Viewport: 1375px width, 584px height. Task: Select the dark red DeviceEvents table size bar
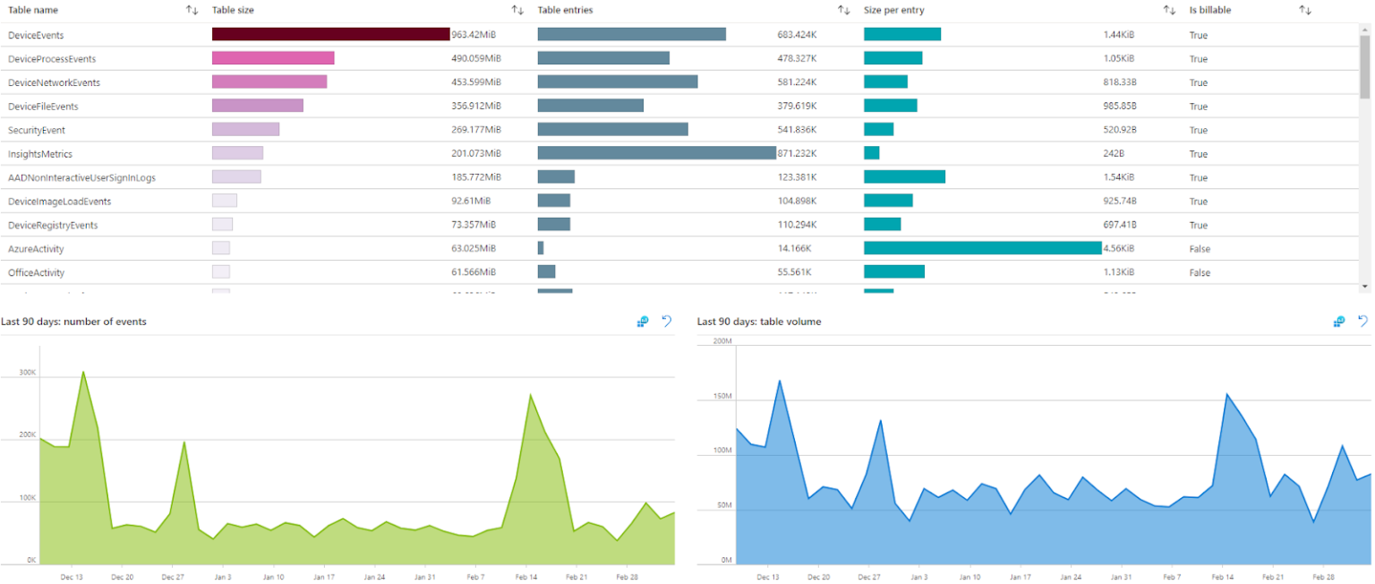[330, 34]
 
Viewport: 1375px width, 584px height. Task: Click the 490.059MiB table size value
[474, 59]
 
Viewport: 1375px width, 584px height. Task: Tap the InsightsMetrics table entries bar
[656, 153]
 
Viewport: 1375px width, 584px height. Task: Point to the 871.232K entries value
[797, 154]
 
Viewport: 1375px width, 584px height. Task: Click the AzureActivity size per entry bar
[982, 248]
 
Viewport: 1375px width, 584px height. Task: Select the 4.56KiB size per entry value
[1118, 249]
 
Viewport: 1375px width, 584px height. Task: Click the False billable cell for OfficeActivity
[1200, 273]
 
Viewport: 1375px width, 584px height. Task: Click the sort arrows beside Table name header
[192, 10]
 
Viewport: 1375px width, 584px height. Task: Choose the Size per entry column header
[893, 10]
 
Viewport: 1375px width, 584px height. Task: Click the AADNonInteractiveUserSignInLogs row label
[81, 177]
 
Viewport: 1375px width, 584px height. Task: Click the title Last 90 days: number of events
[73, 322]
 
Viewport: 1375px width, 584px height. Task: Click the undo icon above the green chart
[666, 322]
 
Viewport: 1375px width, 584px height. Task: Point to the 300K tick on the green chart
[27, 372]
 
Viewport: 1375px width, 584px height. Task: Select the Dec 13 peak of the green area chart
[83, 372]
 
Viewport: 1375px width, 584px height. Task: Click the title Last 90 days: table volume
[758, 322]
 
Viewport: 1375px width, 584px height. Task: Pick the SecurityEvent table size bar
[245, 130]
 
